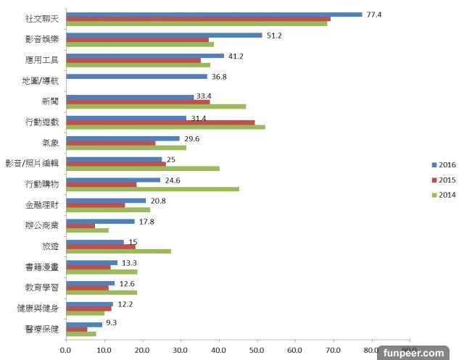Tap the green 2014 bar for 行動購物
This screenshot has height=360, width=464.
(x=152, y=189)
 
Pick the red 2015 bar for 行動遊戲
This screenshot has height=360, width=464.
(x=159, y=122)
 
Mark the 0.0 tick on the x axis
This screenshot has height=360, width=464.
(x=66, y=351)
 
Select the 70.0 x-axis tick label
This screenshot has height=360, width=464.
(x=333, y=351)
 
